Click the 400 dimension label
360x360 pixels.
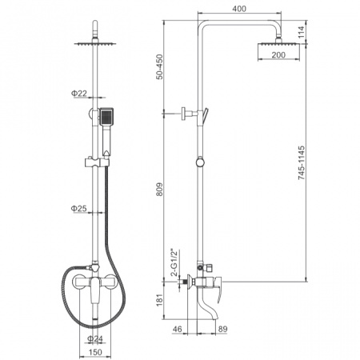[239, 9]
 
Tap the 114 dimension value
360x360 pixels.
[301, 32]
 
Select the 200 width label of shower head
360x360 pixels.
[278, 55]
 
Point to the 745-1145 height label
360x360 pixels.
[302, 162]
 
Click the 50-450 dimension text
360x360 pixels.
[159, 66]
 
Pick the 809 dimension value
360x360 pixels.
[159, 190]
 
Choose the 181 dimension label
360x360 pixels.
[159, 300]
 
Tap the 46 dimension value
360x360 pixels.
[177, 329]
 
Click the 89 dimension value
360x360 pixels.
[223, 329]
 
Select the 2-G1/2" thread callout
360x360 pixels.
[175, 263]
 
